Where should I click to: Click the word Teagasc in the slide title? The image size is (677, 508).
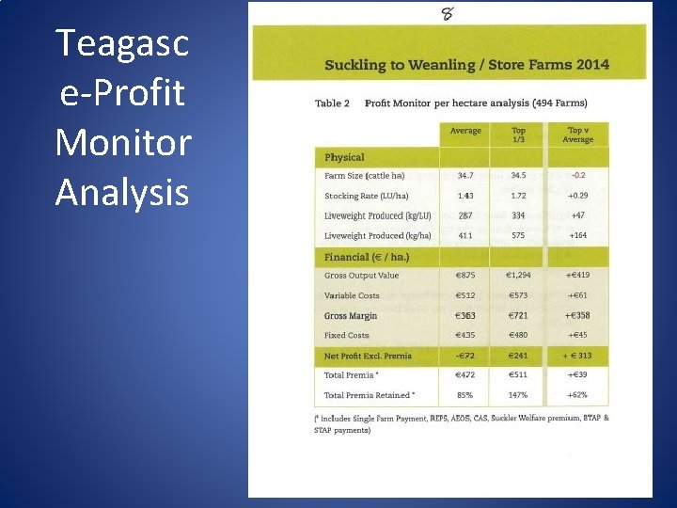tap(122, 43)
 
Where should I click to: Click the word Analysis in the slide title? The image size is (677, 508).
tap(122, 192)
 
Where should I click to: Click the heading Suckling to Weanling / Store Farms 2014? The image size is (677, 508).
tap(466, 65)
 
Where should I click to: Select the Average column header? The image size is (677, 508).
tap(465, 131)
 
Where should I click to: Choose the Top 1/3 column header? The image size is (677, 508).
tap(518, 135)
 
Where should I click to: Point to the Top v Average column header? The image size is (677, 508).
tap(577, 135)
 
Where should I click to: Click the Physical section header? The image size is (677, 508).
tap(344, 157)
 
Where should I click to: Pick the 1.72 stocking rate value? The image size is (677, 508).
tap(518, 196)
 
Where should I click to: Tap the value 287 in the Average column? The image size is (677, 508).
tap(464, 215)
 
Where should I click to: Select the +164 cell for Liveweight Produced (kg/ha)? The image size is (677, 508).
tap(577, 235)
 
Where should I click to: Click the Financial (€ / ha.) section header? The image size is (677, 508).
tap(367, 256)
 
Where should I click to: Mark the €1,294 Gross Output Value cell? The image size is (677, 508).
tap(518, 276)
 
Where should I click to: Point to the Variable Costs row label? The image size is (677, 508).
tap(352, 295)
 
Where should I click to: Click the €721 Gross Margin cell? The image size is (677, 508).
tap(518, 315)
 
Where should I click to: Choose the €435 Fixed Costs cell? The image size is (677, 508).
tap(464, 335)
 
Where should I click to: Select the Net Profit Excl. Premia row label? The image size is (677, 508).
tap(368, 356)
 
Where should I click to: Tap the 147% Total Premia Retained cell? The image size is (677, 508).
tap(518, 395)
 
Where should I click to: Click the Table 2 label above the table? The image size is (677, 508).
tap(331, 103)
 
